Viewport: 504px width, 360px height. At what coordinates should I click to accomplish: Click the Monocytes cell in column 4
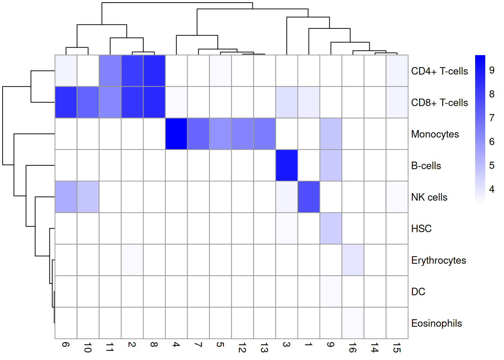176,134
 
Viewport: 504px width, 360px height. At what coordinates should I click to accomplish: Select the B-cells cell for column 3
286,165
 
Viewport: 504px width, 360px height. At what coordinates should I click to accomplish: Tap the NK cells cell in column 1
309,197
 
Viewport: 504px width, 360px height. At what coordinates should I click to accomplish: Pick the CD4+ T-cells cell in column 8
154,71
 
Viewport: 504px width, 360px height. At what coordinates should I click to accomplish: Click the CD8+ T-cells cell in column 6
66,102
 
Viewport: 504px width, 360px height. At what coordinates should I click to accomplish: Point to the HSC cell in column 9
331,228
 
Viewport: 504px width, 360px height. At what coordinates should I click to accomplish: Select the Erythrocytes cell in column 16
353,260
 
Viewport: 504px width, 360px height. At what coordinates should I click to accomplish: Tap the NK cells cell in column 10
88,197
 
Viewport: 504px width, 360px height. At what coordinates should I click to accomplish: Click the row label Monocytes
435,134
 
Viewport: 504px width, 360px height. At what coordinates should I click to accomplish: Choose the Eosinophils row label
436,323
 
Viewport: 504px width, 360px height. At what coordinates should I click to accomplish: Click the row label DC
418,292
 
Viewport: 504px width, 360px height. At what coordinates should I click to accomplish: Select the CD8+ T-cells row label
439,103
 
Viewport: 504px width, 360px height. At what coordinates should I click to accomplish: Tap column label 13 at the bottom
264,348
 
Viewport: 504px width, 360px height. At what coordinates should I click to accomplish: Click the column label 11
110,348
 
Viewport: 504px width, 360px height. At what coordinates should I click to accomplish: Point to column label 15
397,348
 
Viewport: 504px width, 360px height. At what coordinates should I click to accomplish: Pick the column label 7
198,345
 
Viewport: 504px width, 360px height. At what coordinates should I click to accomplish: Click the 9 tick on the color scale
492,70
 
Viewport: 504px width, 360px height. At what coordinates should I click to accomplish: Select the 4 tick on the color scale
492,189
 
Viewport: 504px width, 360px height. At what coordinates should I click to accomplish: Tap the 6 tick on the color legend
492,141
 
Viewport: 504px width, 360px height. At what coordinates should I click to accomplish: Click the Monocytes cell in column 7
198,134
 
